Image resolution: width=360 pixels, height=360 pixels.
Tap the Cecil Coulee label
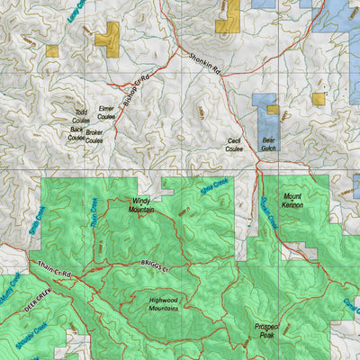coord(234,145)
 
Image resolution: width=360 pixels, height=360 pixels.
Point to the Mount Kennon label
coord(293,201)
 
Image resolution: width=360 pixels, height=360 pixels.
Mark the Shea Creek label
coord(214,187)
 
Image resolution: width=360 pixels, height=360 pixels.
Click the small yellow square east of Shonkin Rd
coord(319,98)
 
